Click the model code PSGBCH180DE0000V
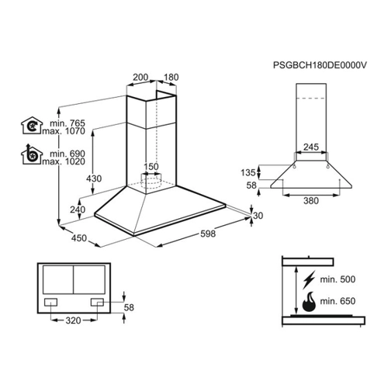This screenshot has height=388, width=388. [x=320, y=65]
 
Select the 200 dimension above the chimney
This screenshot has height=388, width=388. [x=140, y=77]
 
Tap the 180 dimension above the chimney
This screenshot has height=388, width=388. [x=171, y=77]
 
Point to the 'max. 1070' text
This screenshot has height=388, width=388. [x=64, y=131]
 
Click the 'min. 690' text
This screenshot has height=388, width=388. [x=68, y=154]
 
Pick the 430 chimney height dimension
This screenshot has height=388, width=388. [x=94, y=178]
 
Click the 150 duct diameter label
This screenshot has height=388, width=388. [x=151, y=167]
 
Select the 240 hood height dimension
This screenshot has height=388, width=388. [x=78, y=210]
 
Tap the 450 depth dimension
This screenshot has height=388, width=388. [x=79, y=238]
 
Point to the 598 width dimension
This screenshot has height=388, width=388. [x=208, y=234]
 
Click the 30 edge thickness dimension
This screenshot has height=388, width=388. [x=258, y=216]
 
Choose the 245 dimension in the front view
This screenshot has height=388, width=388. [x=311, y=147]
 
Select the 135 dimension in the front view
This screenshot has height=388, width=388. [x=248, y=172]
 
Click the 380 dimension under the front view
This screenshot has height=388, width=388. [x=311, y=200]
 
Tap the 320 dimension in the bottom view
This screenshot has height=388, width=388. [x=73, y=320]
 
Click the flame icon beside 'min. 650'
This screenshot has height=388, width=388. [x=309, y=302]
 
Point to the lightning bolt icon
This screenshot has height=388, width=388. [x=309, y=279]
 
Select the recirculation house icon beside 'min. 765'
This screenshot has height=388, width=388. [x=32, y=126]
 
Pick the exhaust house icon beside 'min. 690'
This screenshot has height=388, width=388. [x=32, y=154]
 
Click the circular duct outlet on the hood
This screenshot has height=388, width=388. [x=151, y=179]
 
